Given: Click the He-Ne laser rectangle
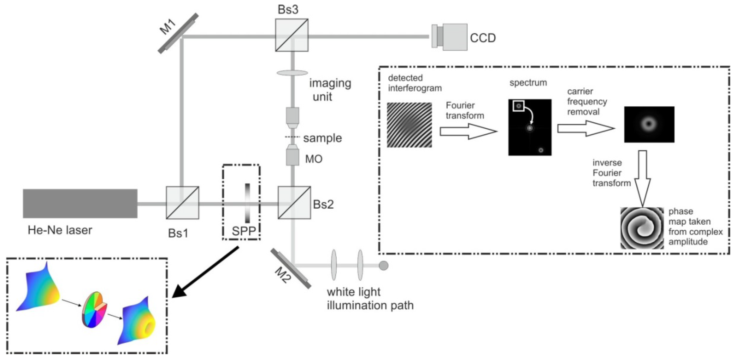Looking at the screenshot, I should [80, 203].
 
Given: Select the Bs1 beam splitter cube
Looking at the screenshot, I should [183, 203].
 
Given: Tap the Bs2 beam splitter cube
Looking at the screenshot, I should [294, 203].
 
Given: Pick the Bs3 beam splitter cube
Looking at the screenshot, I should [292, 35].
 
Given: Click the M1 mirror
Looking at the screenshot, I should [178, 33].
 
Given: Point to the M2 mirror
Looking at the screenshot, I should [291, 268].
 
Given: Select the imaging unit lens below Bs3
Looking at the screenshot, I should [292, 73].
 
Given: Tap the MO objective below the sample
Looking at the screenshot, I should [292, 156].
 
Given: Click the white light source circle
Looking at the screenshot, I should [383, 266].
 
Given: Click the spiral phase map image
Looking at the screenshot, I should [642, 228].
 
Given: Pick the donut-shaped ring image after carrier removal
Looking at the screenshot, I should [649, 124].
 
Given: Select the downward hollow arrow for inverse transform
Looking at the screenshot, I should [642, 177].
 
